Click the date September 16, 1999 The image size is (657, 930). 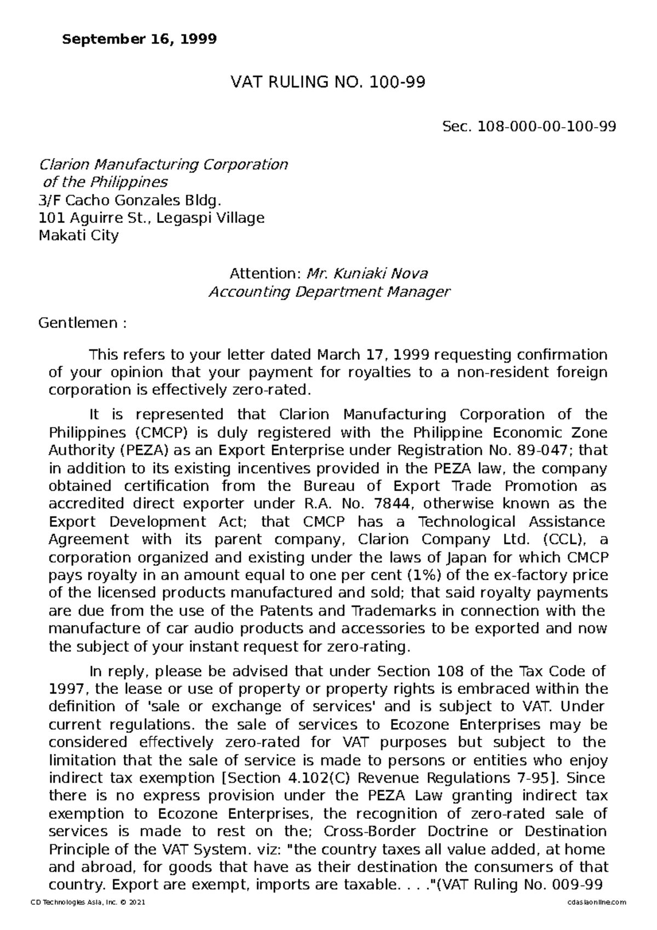(140, 39)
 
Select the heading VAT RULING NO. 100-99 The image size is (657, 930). (327, 83)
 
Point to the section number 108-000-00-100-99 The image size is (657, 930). (547, 127)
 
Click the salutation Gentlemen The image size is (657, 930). (77, 323)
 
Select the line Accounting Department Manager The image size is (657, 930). (329, 292)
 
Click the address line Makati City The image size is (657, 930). (78, 236)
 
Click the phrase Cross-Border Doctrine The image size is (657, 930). (406, 831)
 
